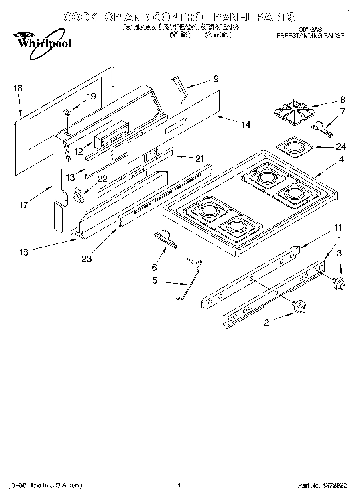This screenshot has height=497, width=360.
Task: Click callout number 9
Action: [216, 79]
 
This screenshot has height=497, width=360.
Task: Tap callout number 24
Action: [341, 146]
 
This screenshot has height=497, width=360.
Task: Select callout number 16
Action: [18, 89]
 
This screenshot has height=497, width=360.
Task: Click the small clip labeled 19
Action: [68, 112]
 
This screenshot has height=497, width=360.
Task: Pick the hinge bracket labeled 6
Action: [165, 239]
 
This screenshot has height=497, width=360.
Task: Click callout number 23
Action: [86, 259]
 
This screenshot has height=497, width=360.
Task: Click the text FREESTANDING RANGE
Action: [310, 36]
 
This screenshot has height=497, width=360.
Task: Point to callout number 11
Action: [338, 228]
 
